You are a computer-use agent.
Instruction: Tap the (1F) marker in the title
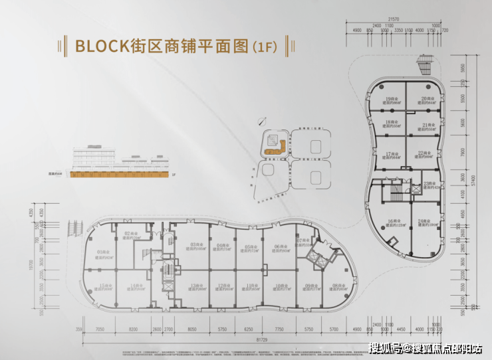tap(263, 47)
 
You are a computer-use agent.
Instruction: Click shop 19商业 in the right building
tap(391, 100)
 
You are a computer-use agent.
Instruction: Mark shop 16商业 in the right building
tap(391, 223)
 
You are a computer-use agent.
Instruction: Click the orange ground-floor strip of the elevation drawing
tap(120, 175)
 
